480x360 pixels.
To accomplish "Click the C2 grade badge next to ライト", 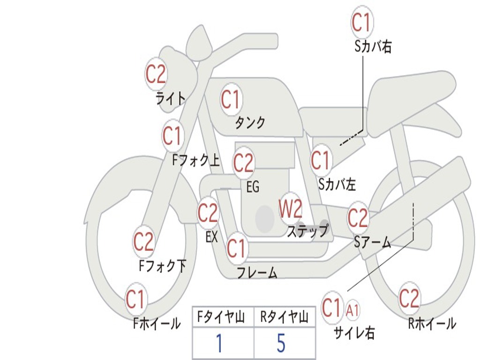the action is (x=156, y=74).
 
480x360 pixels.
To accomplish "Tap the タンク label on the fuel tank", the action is (x=250, y=122).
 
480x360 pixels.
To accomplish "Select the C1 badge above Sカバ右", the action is (x=362, y=22).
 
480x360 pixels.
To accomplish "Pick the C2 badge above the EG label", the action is (x=243, y=163).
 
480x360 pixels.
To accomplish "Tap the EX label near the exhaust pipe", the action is (x=212, y=237).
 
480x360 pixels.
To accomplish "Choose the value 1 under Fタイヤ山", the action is (x=219, y=344).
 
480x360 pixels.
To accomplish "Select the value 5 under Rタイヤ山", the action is (x=281, y=344).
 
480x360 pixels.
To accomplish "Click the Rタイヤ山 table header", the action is (x=284, y=318).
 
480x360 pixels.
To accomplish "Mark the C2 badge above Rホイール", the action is (x=409, y=299).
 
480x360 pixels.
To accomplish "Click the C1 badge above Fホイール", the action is (x=136, y=299).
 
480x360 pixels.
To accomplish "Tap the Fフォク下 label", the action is (x=162, y=266).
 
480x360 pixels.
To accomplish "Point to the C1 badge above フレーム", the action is (x=236, y=248).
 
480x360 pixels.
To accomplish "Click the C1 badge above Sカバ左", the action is (x=321, y=161).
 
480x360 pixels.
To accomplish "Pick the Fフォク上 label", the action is (x=196, y=161).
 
